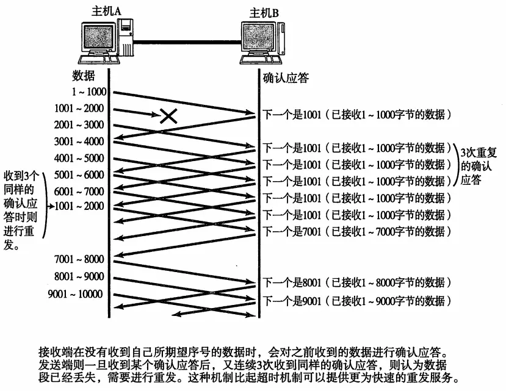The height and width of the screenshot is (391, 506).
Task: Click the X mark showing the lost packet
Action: pyautogui.click(x=167, y=115)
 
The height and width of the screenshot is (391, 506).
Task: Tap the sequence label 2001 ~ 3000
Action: pyautogui.click(x=79, y=125)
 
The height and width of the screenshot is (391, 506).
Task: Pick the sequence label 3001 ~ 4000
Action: pyautogui.click(x=79, y=142)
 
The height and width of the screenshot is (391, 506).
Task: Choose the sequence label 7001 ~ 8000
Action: pyautogui.click(x=79, y=259)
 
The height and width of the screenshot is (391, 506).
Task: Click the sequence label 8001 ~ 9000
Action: pyautogui.click(x=79, y=276)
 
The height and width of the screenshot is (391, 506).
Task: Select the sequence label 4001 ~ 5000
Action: pyautogui.click(x=79, y=159)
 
